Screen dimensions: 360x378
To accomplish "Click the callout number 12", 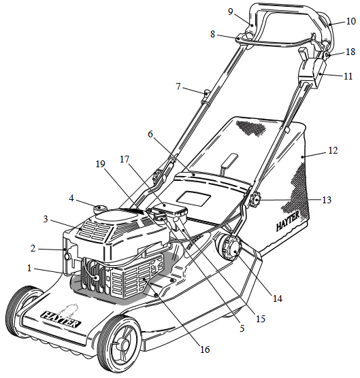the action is click(x=333, y=150).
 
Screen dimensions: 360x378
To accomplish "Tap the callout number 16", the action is click(x=205, y=349).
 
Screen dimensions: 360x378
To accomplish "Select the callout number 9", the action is click(x=231, y=12).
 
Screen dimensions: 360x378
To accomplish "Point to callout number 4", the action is click(x=71, y=199).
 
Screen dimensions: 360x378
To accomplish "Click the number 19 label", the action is click(x=101, y=164).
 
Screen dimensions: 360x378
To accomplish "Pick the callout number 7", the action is click(x=178, y=86).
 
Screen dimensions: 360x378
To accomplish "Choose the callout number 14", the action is click(x=278, y=298).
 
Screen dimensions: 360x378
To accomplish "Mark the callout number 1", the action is click(x=29, y=268).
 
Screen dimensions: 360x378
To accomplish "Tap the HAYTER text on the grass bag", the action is click(x=288, y=220).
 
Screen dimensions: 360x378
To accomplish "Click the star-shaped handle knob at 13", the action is click(x=255, y=200).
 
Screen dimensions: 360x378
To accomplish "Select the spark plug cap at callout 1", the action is click(x=96, y=277).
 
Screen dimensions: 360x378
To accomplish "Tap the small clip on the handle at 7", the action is click(x=207, y=94).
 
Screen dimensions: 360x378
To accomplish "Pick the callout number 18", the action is click(x=350, y=52).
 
